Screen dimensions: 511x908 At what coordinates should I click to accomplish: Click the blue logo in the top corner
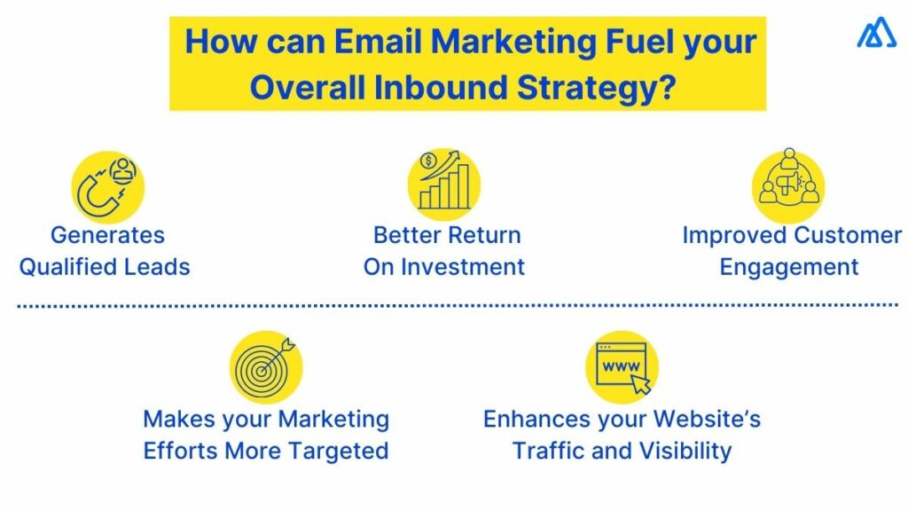coord(876,35)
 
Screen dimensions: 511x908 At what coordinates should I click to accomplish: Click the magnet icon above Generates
coord(106,187)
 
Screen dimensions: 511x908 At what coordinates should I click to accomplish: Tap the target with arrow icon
coord(265,366)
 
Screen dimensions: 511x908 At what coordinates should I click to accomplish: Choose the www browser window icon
coord(622,366)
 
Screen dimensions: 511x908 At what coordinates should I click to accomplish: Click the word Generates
coord(107,236)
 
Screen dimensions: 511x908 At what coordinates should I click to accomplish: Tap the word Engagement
coord(788,267)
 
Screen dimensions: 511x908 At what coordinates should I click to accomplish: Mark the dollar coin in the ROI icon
coord(429,161)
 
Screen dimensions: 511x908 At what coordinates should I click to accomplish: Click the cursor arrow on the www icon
coord(640,383)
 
